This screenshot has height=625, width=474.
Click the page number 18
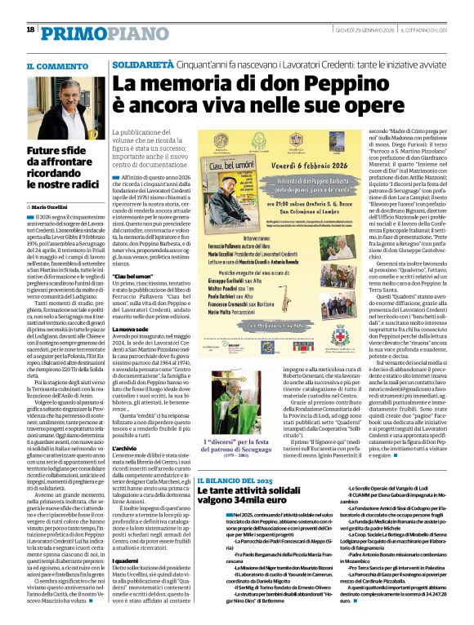[30, 29]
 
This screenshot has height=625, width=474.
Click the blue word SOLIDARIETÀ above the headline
[142, 63]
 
